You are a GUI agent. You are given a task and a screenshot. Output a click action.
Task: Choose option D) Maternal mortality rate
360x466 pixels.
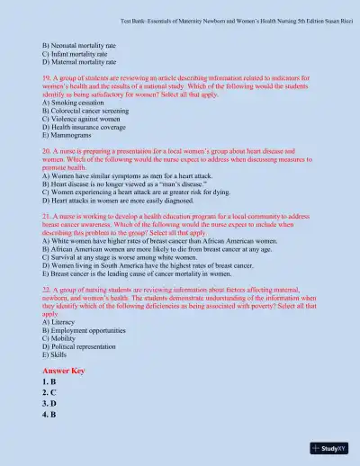[79, 63]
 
